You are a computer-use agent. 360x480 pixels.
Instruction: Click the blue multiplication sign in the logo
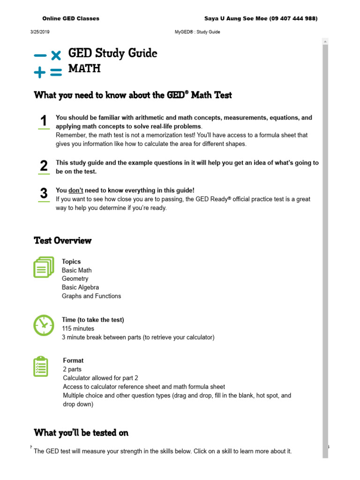click(x=56, y=55)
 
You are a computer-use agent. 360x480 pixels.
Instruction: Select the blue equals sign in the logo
click(x=56, y=72)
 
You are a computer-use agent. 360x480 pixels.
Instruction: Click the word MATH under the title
click(x=84, y=68)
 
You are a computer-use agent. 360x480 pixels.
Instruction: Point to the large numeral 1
click(x=44, y=121)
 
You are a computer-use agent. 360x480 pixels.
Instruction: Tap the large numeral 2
click(x=44, y=165)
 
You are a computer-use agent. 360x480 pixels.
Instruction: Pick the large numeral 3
click(x=44, y=193)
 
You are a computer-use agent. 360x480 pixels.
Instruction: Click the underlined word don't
click(x=76, y=190)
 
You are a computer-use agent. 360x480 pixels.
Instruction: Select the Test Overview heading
click(x=63, y=240)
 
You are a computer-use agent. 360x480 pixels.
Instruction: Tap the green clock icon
click(x=44, y=324)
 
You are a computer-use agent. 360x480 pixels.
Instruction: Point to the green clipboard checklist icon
click(x=41, y=367)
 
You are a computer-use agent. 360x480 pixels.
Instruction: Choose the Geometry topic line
click(x=75, y=279)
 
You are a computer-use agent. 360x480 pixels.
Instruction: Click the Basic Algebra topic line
click(x=80, y=287)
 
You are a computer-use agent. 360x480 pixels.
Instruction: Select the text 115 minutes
click(x=78, y=329)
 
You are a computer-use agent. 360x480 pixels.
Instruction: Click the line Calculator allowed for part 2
click(x=100, y=378)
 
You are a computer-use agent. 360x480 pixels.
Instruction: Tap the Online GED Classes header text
click(x=71, y=18)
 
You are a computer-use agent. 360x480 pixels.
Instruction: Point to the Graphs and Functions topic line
click(x=91, y=296)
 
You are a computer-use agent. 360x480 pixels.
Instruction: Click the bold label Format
click(x=73, y=360)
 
